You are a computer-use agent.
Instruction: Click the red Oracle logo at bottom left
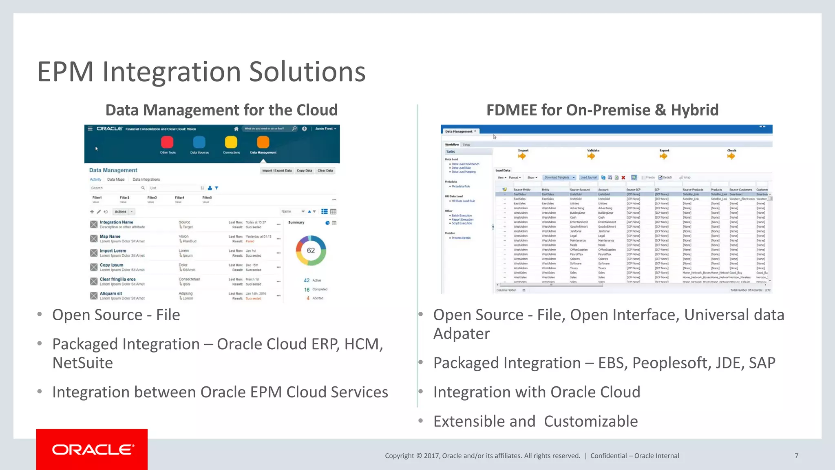click(x=92, y=450)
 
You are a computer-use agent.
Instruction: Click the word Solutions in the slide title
click(x=307, y=72)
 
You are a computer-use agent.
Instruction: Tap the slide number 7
click(x=796, y=456)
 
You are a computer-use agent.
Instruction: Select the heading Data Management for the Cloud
click(x=221, y=110)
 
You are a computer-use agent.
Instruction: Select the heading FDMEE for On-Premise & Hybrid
click(x=602, y=110)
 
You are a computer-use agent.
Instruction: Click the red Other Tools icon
click(x=167, y=142)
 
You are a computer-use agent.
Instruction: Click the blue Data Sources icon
click(x=199, y=142)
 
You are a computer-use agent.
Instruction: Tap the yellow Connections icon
click(x=231, y=142)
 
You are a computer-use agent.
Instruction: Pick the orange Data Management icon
click(x=263, y=142)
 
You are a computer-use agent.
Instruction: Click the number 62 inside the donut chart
click(x=311, y=251)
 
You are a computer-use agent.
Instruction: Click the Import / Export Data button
click(x=277, y=171)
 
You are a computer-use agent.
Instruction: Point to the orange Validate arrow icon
click(x=591, y=156)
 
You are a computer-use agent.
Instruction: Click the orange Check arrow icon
click(x=731, y=156)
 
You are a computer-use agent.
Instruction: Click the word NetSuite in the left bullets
click(x=83, y=363)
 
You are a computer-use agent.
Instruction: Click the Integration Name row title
click(x=117, y=222)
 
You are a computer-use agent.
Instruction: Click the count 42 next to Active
click(x=307, y=280)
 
